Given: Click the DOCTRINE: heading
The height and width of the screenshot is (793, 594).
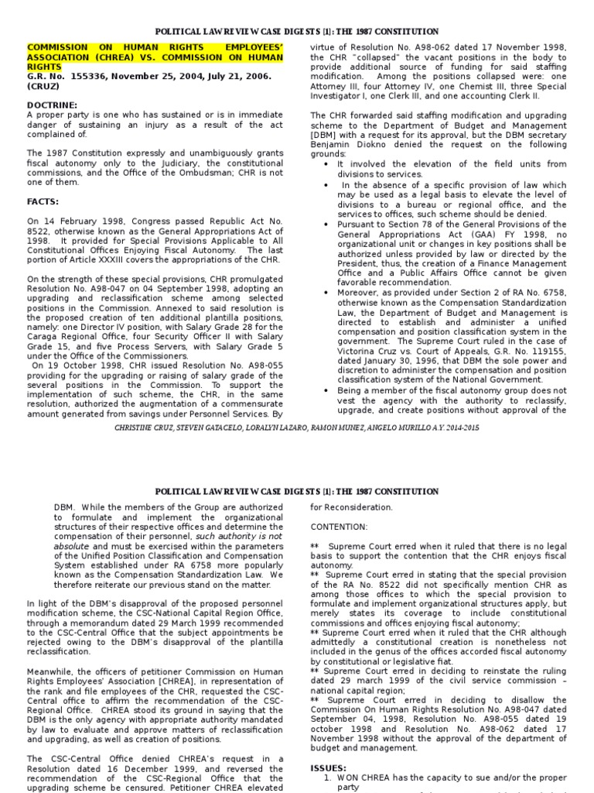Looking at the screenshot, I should (x=53, y=105).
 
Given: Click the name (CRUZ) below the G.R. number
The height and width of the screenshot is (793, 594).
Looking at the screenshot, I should (x=45, y=86).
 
